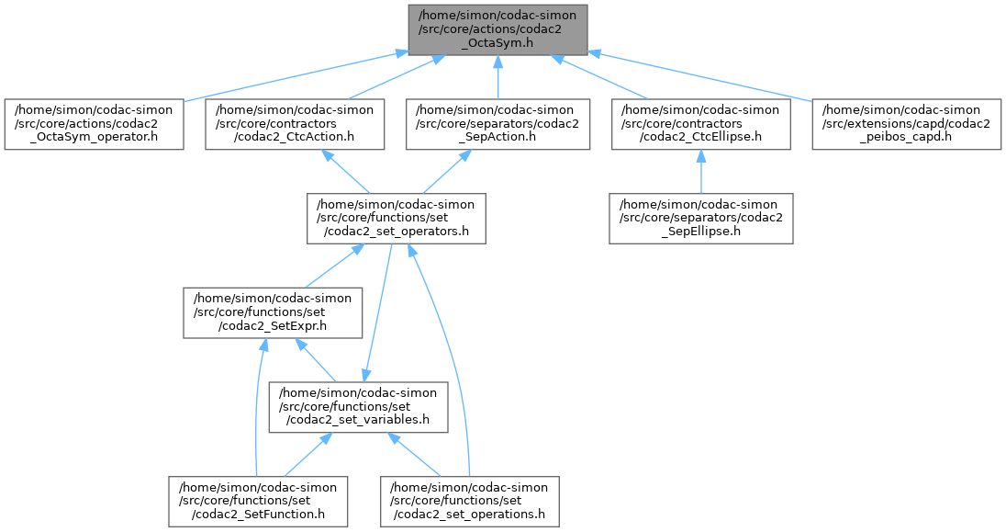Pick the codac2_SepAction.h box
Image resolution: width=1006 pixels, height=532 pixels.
point(497,124)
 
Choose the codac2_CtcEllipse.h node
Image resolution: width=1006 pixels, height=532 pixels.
point(699,124)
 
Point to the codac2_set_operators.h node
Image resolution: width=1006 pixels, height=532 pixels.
point(396,218)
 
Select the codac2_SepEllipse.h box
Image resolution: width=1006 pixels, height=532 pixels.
point(699,218)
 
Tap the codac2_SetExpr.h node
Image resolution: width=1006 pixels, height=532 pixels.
point(274,311)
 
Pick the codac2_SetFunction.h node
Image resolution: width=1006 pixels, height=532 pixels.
point(257,501)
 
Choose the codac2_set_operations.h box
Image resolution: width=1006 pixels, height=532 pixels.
point(470,501)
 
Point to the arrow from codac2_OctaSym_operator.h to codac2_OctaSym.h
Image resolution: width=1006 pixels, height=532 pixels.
point(294,76)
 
